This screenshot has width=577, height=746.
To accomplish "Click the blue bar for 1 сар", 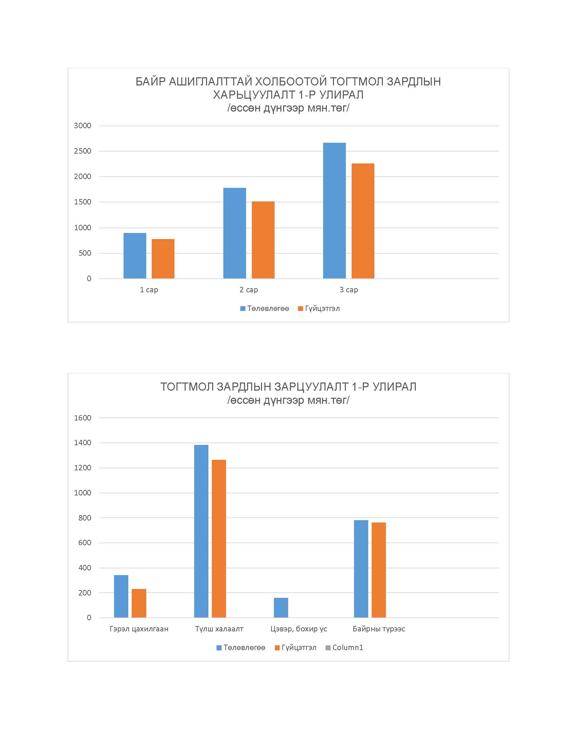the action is [x=135, y=255].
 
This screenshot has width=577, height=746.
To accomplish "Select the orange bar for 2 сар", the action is [x=263, y=240].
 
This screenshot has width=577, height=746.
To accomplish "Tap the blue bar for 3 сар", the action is [x=334, y=211].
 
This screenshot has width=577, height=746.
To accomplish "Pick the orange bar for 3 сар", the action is [x=363, y=221].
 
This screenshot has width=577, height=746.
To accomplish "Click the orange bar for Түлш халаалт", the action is [x=219, y=539].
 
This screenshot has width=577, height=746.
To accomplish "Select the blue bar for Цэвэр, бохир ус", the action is [x=281, y=608].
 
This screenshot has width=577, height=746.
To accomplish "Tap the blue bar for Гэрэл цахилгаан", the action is [x=121, y=596].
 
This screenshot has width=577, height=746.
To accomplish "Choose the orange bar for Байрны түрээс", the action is [x=379, y=570].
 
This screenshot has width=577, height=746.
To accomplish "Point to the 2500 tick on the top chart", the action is [x=83, y=151].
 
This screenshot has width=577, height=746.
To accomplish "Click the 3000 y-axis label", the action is [x=83, y=125].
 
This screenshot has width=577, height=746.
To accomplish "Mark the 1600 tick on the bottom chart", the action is [x=83, y=418].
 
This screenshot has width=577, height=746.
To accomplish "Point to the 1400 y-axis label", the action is [x=83, y=443].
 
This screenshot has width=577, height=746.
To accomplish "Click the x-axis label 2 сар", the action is [x=248, y=290].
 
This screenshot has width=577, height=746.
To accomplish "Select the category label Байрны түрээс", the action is [x=379, y=629].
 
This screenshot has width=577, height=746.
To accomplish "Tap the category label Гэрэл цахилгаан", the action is [x=139, y=629].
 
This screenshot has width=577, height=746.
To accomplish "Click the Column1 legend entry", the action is [x=344, y=648].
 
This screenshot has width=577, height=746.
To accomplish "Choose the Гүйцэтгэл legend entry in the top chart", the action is [x=319, y=309].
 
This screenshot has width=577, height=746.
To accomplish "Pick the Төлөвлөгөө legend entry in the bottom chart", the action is [x=241, y=648].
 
